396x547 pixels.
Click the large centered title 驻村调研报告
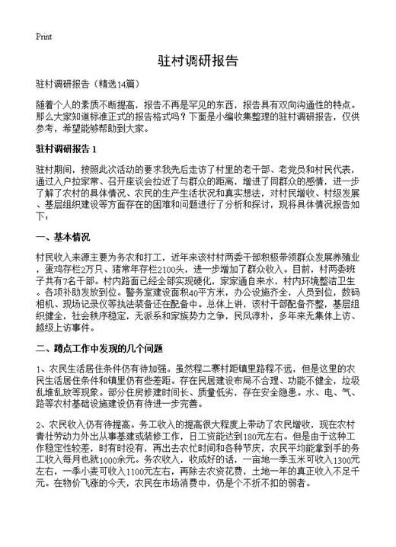[x=197, y=61]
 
